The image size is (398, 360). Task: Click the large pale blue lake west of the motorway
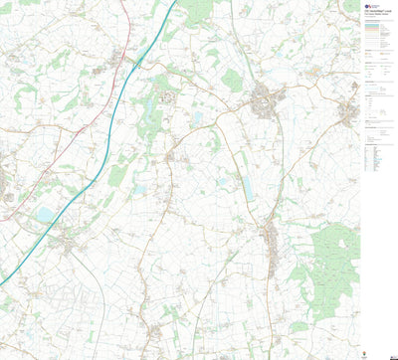45,215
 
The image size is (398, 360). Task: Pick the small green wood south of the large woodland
298,326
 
